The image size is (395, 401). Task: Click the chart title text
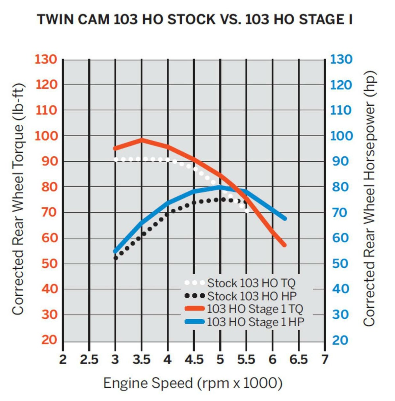click(x=195, y=19)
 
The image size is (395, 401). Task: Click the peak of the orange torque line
click(x=142, y=140)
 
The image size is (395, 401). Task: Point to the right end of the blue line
click(x=285, y=218)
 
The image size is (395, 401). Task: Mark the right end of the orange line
click(x=285, y=245)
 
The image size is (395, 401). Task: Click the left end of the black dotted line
click(x=116, y=258)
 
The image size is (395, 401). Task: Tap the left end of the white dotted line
click(x=116, y=159)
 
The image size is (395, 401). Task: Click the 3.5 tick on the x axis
click(x=142, y=360)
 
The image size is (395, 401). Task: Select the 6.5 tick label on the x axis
click(x=299, y=360)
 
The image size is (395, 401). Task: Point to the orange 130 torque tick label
click(x=46, y=60)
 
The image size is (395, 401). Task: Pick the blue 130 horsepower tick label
click(x=341, y=60)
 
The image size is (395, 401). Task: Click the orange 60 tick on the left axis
click(x=49, y=238)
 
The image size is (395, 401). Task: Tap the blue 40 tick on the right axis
click(x=340, y=289)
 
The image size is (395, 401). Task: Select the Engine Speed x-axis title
click(x=193, y=383)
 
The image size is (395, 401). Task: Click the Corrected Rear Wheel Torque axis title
click(x=18, y=199)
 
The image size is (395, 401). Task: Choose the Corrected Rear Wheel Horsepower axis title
click(x=370, y=199)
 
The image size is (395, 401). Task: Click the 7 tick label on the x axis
click(x=325, y=360)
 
